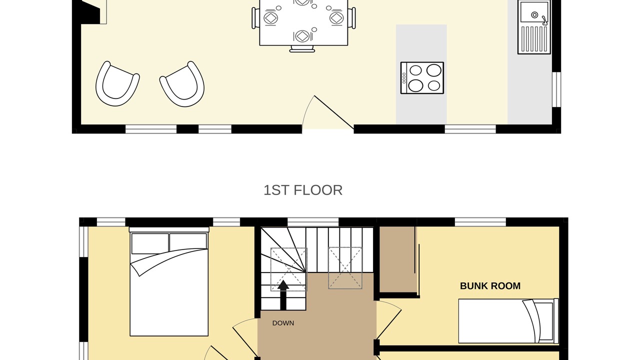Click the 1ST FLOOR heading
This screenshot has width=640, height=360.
[303, 190]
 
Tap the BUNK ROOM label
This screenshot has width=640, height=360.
[490, 286]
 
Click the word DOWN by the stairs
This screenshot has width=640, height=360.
[283, 323]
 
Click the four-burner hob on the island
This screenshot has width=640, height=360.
[422, 77]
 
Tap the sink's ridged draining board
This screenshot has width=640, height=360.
[534, 39]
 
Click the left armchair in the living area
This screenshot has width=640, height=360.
[117, 83]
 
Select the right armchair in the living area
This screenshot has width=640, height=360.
[182, 84]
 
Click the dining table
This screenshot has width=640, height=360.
[303, 22]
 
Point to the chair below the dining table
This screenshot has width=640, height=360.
[302, 49]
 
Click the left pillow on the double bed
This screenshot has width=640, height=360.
[150, 243]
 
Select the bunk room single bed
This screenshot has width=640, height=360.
[508, 321]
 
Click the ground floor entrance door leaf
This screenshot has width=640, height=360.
[334, 112]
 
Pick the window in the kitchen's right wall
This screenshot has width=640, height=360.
[556, 89]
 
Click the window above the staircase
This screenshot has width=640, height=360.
[313, 222]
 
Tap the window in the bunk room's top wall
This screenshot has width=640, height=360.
[480, 222]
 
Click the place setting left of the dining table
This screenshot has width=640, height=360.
[270, 17]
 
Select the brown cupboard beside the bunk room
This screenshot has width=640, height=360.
[397, 259]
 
